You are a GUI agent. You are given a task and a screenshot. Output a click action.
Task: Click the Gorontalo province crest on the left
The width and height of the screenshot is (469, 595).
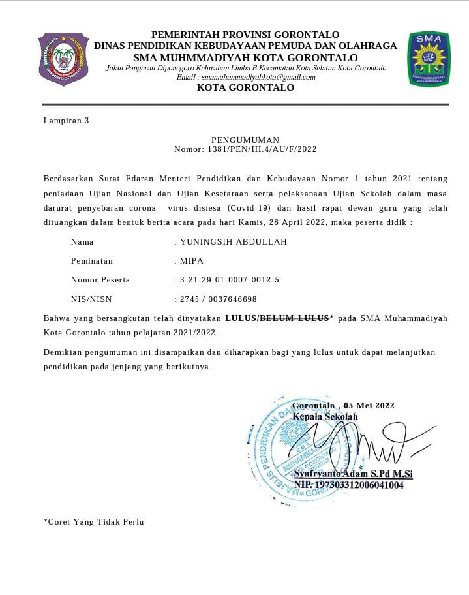(x=63, y=59)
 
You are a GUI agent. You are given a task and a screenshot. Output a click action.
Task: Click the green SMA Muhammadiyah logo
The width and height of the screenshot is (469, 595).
(x=428, y=59)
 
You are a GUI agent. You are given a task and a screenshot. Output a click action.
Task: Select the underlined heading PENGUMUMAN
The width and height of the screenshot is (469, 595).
(x=245, y=140)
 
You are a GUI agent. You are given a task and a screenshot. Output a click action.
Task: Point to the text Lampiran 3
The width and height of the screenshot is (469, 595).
(x=66, y=121)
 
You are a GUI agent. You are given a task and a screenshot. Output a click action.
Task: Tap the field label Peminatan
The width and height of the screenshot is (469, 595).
(x=92, y=261)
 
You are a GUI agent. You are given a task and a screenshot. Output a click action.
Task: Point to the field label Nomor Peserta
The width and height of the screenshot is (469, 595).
(x=100, y=280)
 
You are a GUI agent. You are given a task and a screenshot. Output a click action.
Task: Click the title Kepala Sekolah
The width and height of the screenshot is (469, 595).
(x=325, y=417)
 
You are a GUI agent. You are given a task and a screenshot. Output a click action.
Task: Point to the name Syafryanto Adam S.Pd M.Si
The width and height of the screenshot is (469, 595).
(x=353, y=474)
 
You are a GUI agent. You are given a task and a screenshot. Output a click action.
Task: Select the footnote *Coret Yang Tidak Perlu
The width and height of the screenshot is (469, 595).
(x=93, y=522)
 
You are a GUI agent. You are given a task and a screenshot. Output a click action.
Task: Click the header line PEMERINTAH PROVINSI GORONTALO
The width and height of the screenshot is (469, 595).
(x=245, y=35)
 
